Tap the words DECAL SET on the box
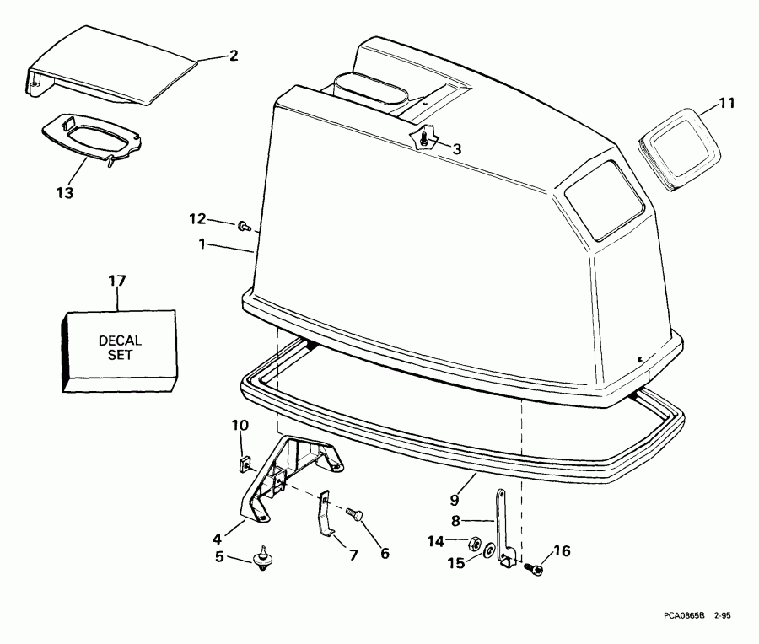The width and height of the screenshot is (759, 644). click(120, 347)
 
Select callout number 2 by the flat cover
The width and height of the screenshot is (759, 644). click(234, 56)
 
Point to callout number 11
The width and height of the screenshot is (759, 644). click(727, 104)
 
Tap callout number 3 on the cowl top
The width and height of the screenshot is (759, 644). click(456, 149)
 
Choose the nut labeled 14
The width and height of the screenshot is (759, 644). click(474, 542)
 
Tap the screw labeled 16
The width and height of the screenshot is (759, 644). click(535, 569)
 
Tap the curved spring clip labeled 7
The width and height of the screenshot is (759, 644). click(325, 518)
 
